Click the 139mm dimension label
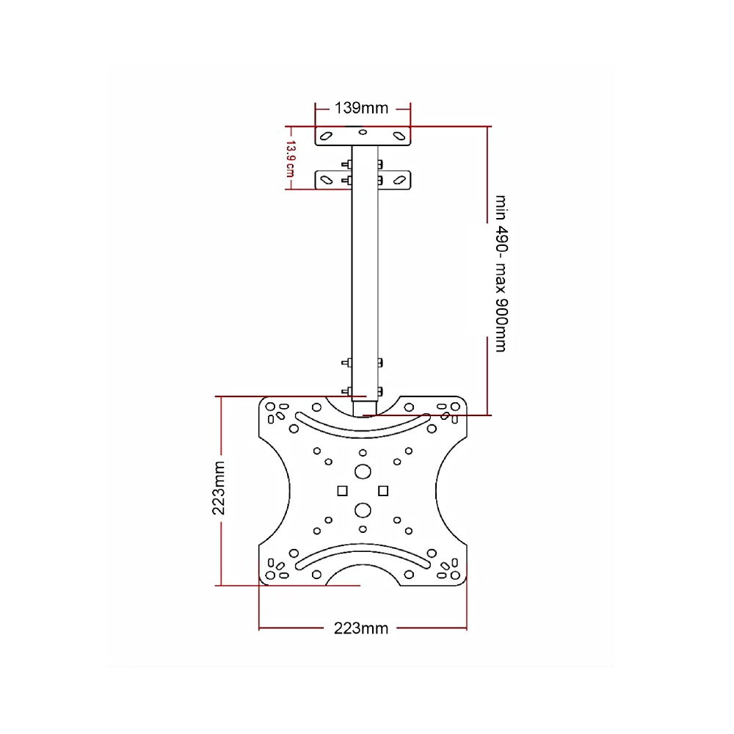362,108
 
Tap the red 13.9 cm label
290,159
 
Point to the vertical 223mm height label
218,489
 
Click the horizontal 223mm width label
361,628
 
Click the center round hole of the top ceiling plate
363,132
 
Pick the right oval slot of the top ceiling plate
399,136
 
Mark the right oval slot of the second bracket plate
399,179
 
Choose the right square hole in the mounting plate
382,490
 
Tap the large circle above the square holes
363,471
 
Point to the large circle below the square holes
363,509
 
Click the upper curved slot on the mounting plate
362,420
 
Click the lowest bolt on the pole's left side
346,390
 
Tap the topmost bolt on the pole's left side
346,164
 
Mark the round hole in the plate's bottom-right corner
454,576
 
